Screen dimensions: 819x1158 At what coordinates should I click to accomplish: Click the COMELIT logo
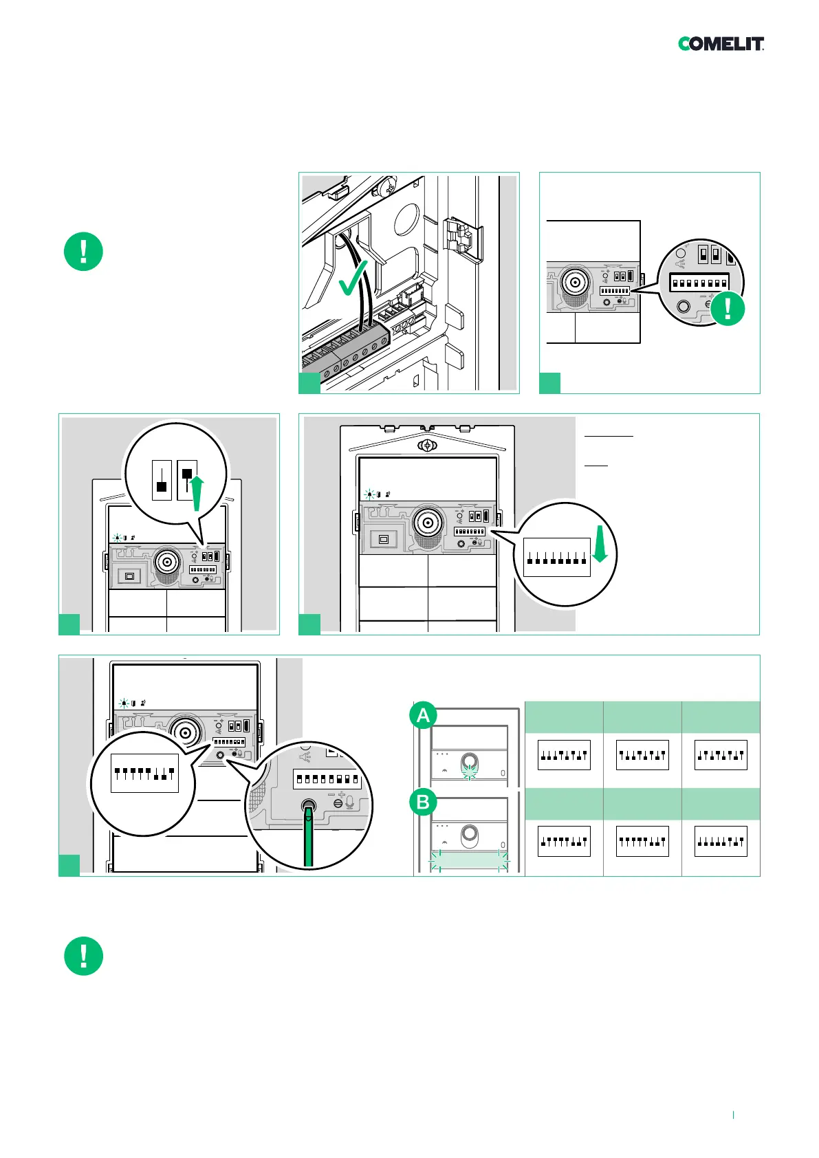click(x=721, y=44)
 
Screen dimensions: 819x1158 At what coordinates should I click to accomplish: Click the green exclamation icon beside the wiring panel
click(x=83, y=252)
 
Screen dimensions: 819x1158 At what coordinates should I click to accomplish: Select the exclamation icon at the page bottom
click(x=83, y=956)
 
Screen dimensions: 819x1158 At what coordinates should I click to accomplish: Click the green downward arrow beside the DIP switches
click(x=600, y=544)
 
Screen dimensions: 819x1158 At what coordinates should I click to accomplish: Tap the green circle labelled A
click(x=423, y=716)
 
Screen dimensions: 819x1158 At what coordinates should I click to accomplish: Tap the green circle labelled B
click(x=423, y=802)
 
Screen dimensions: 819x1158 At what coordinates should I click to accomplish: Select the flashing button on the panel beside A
click(x=470, y=762)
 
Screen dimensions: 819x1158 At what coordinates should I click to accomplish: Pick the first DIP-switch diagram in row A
click(x=564, y=755)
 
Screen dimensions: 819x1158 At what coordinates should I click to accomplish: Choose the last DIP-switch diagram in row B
click(x=721, y=841)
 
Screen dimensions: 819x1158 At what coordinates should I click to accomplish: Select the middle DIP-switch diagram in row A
click(x=642, y=755)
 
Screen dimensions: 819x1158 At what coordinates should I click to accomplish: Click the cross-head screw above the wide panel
click(x=428, y=446)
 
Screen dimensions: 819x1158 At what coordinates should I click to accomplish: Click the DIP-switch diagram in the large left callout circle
click(x=144, y=773)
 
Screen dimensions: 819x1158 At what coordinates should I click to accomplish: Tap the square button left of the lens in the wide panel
click(x=384, y=540)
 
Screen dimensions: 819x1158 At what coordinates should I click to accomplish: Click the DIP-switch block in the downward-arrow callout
click(x=557, y=557)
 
